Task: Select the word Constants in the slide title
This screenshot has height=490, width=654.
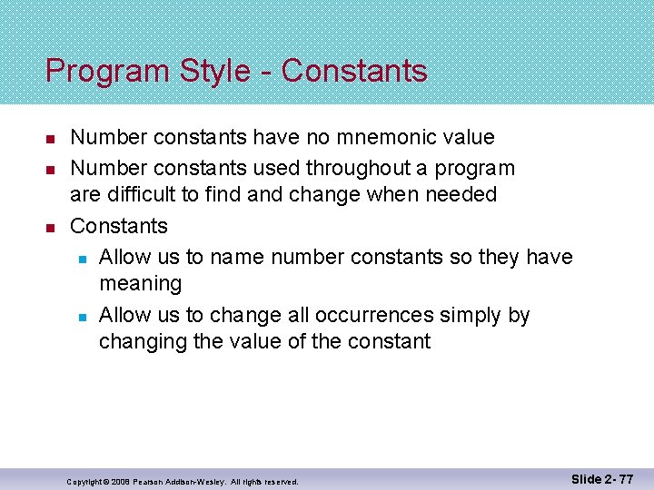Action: pyautogui.click(x=354, y=71)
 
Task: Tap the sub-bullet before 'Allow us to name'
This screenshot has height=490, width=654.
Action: pyautogui.click(x=82, y=259)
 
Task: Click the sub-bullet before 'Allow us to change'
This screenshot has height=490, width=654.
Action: pyautogui.click(x=82, y=317)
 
